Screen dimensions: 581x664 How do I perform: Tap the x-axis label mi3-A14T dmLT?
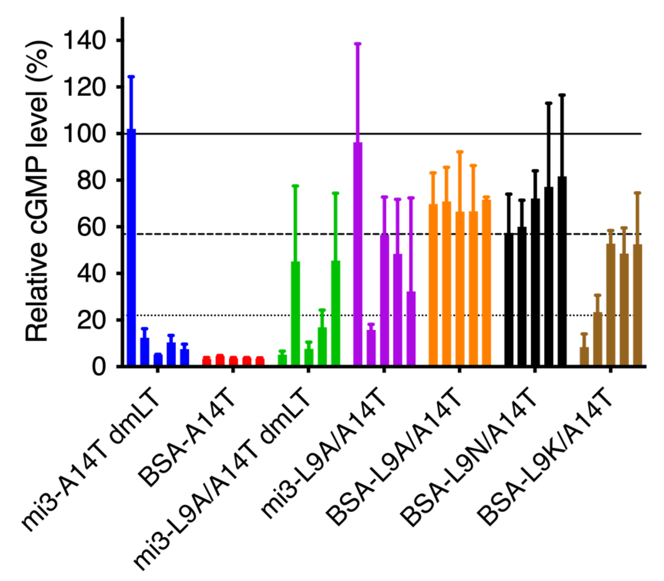pyautogui.click(x=94, y=464)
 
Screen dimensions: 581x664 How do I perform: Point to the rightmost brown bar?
pyautogui.click(x=637, y=305)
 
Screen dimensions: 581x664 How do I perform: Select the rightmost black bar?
pyautogui.click(x=562, y=271)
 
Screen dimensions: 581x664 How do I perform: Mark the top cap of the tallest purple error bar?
pyautogui.click(x=357, y=44)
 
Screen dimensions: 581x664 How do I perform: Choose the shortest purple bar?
pyautogui.click(x=371, y=348)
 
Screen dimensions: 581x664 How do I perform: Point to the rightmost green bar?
pyautogui.click(x=335, y=313)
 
